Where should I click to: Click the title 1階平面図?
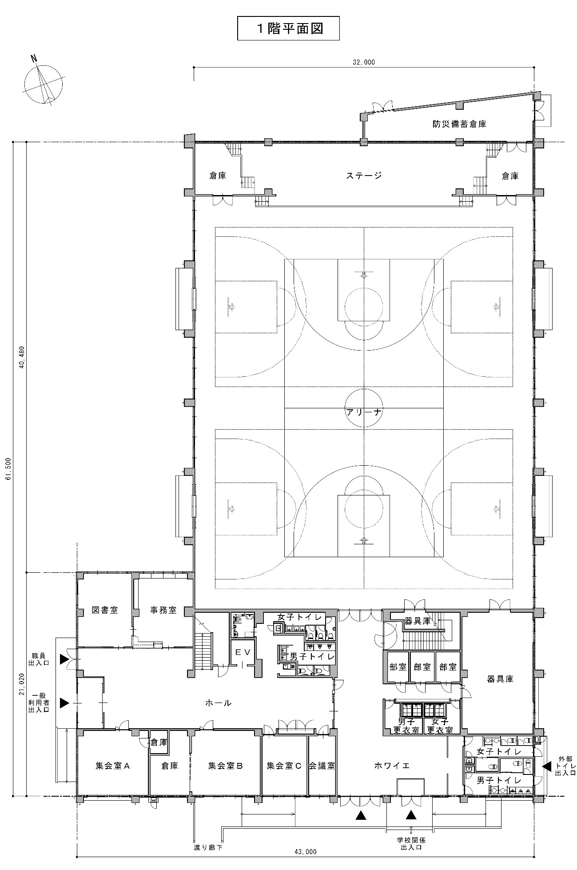click(289, 28)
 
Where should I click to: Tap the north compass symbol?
click(43, 84)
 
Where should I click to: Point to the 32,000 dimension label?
click(364, 63)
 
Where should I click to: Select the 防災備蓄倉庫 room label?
click(460, 124)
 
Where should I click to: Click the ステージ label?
click(364, 176)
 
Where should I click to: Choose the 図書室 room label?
click(105, 610)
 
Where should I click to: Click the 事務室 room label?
click(163, 610)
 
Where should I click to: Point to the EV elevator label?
click(243, 652)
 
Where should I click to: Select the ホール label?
click(218, 703)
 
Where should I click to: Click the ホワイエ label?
click(392, 766)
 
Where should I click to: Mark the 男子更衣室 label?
click(406, 726)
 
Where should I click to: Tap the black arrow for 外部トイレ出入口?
click(547, 766)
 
